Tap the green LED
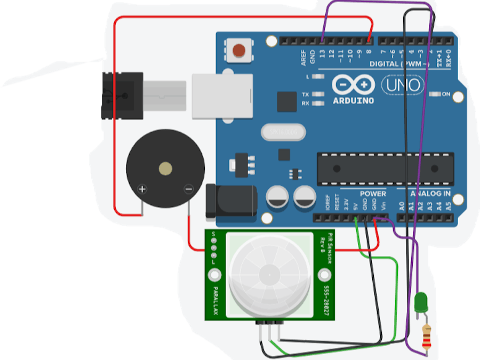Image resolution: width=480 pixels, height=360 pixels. pos(421,302)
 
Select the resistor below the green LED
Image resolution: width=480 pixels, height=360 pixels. pos(426,336)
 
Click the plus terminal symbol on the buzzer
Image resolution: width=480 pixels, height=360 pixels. pos(142,188)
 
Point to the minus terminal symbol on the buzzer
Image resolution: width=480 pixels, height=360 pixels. pos(188,188)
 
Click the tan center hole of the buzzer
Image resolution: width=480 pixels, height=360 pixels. pos(165,170)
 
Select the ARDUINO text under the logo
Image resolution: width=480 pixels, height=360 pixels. pos(353,100)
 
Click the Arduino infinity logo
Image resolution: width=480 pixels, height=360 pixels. pos(352,85)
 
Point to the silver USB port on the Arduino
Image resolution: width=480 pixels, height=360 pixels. pos(222,95)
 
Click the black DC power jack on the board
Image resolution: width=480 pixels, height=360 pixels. pos(231,202)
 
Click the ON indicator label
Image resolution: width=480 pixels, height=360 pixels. pos(446,94)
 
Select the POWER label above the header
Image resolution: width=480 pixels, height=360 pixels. pos(372,194)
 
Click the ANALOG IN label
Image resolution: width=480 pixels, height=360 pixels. pos(430,194)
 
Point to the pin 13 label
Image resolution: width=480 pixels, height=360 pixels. pos(322,53)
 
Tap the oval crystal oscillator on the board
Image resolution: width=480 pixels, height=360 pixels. pos(282,132)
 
